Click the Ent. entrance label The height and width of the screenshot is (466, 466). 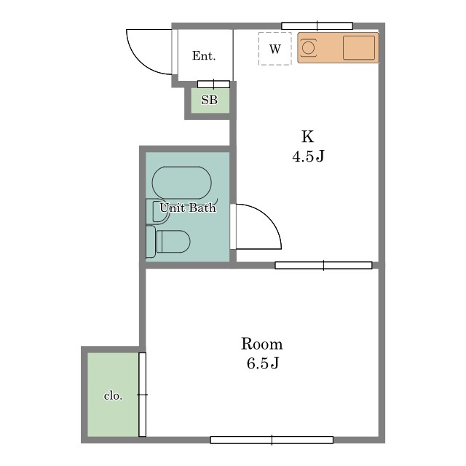click(204, 56)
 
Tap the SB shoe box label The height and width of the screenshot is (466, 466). click(210, 100)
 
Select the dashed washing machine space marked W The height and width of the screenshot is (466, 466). click(275, 49)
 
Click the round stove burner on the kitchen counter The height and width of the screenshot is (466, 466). click(308, 48)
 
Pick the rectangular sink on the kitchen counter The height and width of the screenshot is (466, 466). click(359, 48)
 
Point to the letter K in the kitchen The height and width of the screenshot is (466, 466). click(307, 137)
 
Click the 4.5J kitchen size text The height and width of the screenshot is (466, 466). click(308, 157)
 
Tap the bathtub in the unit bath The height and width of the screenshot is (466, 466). click(181, 183)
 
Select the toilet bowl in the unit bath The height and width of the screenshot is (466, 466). click(173, 241)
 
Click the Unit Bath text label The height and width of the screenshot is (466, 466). click(188, 208)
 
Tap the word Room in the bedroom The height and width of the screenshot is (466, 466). click(261, 344)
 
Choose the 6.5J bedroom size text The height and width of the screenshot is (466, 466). click(263, 363)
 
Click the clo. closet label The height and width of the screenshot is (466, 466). click(113, 396)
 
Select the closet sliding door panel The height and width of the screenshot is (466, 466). click(143, 395)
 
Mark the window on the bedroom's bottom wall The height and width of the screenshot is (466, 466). click(272, 440)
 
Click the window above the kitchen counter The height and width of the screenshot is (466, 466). click(317, 26)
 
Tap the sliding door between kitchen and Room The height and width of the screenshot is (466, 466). click(323, 265)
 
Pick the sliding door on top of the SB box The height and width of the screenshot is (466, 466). click(213, 84)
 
